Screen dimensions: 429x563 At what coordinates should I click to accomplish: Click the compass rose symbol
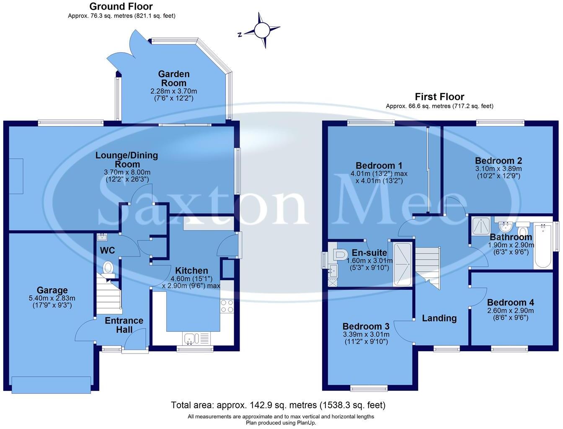[x=262, y=30]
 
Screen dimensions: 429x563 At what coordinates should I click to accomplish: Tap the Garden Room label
[x=174, y=78]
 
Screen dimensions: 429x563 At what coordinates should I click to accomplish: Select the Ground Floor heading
[x=121, y=6]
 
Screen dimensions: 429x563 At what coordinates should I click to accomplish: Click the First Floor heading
[x=439, y=97]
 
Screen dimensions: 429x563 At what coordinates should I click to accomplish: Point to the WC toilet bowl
[x=108, y=267]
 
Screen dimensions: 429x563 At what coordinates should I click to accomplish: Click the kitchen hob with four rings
[x=227, y=306]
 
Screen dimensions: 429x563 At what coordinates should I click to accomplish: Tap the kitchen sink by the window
[x=190, y=338]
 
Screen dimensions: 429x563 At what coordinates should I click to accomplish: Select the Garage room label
[x=52, y=290]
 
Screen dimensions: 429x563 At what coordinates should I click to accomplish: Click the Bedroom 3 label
[x=366, y=326]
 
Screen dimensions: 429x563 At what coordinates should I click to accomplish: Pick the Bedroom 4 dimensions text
[x=510, y=314]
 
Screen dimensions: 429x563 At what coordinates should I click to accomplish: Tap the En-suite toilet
[x=339, y=254]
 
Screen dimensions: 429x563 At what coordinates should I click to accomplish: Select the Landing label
[x=439, y=318]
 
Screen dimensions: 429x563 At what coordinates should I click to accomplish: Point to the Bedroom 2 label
[x=498, y=161]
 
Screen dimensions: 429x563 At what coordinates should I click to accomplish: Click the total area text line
[x=278, y=405]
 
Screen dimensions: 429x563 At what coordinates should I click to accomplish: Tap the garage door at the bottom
[x=51, y=385]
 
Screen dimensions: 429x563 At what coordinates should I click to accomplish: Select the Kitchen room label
[x=191, y=271]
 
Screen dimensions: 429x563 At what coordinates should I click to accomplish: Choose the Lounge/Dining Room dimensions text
[x=127, y=176]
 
